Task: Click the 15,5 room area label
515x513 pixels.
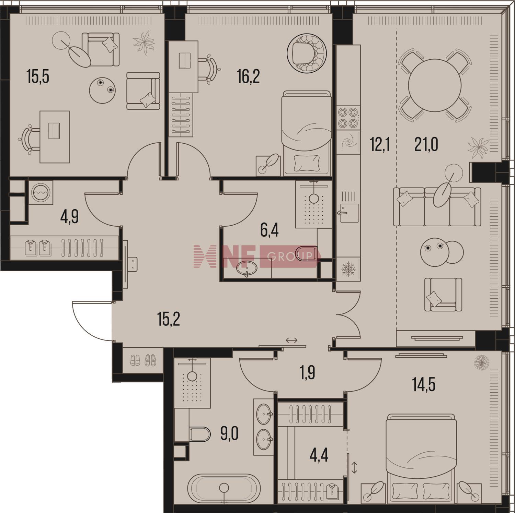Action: (x=38, y=76)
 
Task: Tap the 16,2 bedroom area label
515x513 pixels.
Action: (x=248, y=76)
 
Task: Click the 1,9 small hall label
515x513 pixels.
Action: (x=308, y=373)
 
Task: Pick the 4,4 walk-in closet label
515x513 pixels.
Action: (x=319, y=455)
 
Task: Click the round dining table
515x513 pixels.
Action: (x=434, y=85)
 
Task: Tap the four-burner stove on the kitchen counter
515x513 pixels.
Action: (x=348, y=118)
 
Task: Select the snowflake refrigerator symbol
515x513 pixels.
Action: (x=348, y=269)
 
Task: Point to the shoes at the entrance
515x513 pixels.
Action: (x=143, y=360)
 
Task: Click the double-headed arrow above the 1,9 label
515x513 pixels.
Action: (x=291, y=340)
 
